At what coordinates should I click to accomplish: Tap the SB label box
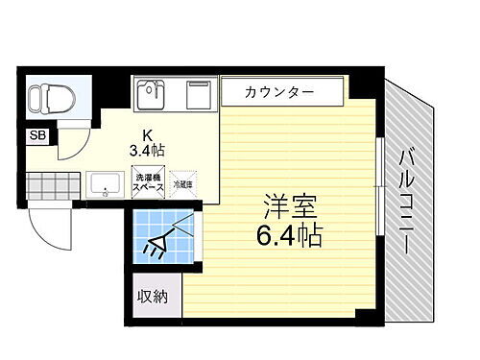38,135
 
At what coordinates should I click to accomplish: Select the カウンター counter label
280,93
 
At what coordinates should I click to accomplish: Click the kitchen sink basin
151,93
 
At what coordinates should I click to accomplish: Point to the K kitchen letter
149,134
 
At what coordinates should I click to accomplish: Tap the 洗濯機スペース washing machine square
146,181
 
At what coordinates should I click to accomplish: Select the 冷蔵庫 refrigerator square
182,182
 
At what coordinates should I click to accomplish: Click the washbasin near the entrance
104,182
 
